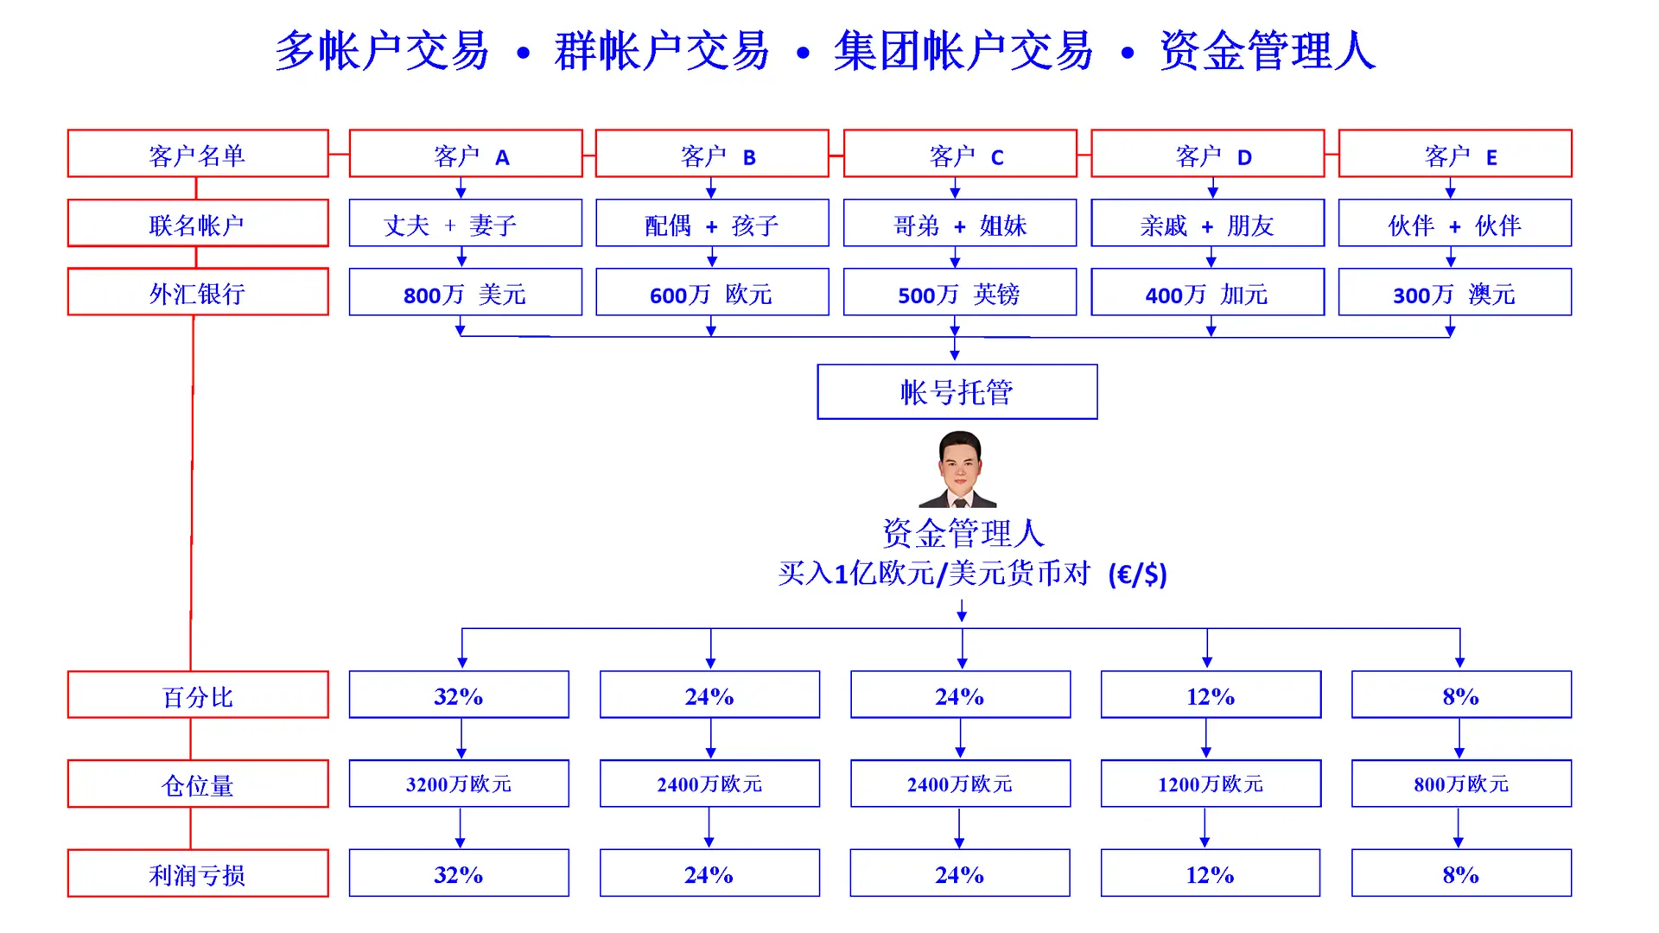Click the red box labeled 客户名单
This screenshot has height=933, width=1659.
click(198, 154)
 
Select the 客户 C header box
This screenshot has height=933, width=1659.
click(960, 154)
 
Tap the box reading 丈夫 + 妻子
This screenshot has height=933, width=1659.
click(465, 224)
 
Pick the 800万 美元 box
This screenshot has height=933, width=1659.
click(465, 293)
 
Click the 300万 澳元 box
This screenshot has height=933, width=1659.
click(1454, 293)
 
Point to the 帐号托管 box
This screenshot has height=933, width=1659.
click(957, 392)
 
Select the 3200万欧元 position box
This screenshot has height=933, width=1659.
click(459, 784)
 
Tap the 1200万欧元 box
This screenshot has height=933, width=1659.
click(1211, 784)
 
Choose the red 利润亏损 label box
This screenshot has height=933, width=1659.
click(198, 873)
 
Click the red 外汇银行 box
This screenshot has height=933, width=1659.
click(198, 292)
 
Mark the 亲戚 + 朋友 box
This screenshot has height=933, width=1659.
click(1207, 224)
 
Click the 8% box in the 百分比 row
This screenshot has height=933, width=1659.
click(1461, 695)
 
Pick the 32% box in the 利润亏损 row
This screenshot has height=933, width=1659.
click(459, 873)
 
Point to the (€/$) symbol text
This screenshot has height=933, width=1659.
click(1138, 574)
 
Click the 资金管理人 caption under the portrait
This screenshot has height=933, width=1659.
click(963, 533)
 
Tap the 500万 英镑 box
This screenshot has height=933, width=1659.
click(959, 293)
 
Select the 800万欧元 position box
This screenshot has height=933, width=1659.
click(1461, 784)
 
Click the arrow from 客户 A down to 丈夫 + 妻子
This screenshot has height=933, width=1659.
click(461, 188)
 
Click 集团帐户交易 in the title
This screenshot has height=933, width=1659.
click(963, 51)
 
